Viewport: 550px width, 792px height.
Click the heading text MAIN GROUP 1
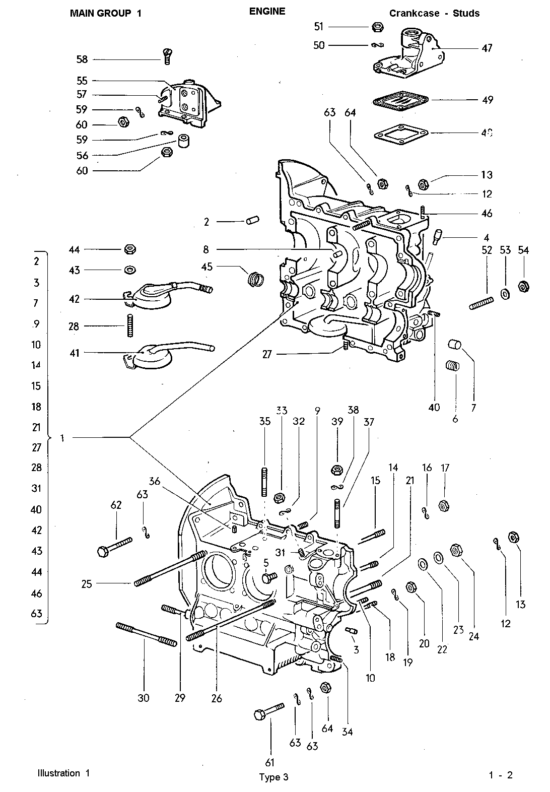(x=105, y=14)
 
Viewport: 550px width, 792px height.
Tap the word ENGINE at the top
(x=267, y=11)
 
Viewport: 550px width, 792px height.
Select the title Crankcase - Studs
(x=434, y=14)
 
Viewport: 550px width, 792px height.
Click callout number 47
(x=487, y=48)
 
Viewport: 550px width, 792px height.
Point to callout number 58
(x=82, y=59)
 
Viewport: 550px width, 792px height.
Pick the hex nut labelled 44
(x=129, y=249)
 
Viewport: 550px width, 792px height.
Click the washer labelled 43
(x=129, y=270)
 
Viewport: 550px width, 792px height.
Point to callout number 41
(x=74, y=354)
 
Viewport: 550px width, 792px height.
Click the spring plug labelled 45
(x=256, y=277)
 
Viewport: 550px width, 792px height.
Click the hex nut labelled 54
(x=523, y=287)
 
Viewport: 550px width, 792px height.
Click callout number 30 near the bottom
(x=144, y=698)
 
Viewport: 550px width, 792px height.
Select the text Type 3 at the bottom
(x=273, y=777)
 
